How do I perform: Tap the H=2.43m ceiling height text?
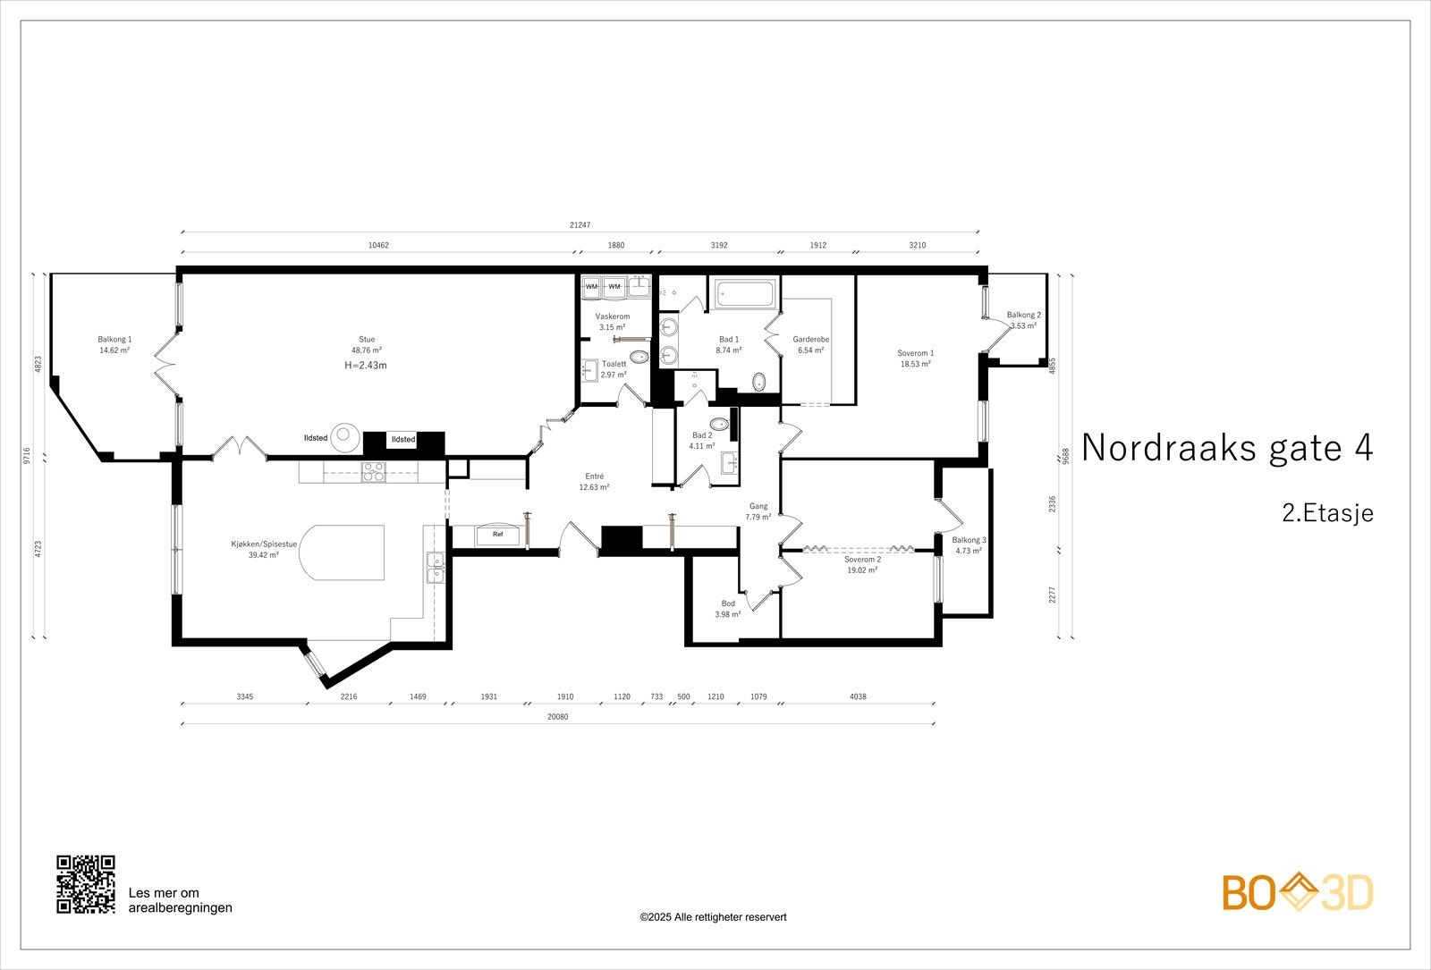coord(366,366)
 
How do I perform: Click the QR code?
coord(86,884)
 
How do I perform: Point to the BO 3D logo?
coord(1298,893)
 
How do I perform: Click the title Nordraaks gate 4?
coord(1226,448)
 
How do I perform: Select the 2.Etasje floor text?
coord(1326,513)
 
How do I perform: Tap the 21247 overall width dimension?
coord(580,225)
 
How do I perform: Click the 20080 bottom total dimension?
coord(557,716)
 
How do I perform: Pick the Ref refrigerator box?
coord(497,536)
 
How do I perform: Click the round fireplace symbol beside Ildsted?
coord(344,437)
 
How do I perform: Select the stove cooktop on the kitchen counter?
coord(374,471)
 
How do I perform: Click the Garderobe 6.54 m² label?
coord(810,344)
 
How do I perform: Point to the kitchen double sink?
coord(436,568)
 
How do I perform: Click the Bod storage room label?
coord(728,609)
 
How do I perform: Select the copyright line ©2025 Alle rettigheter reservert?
coord(713,917)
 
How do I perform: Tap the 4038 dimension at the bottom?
coord(857,696)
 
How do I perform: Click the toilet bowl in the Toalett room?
coord(639,357)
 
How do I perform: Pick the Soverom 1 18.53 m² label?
coord(916,358)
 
